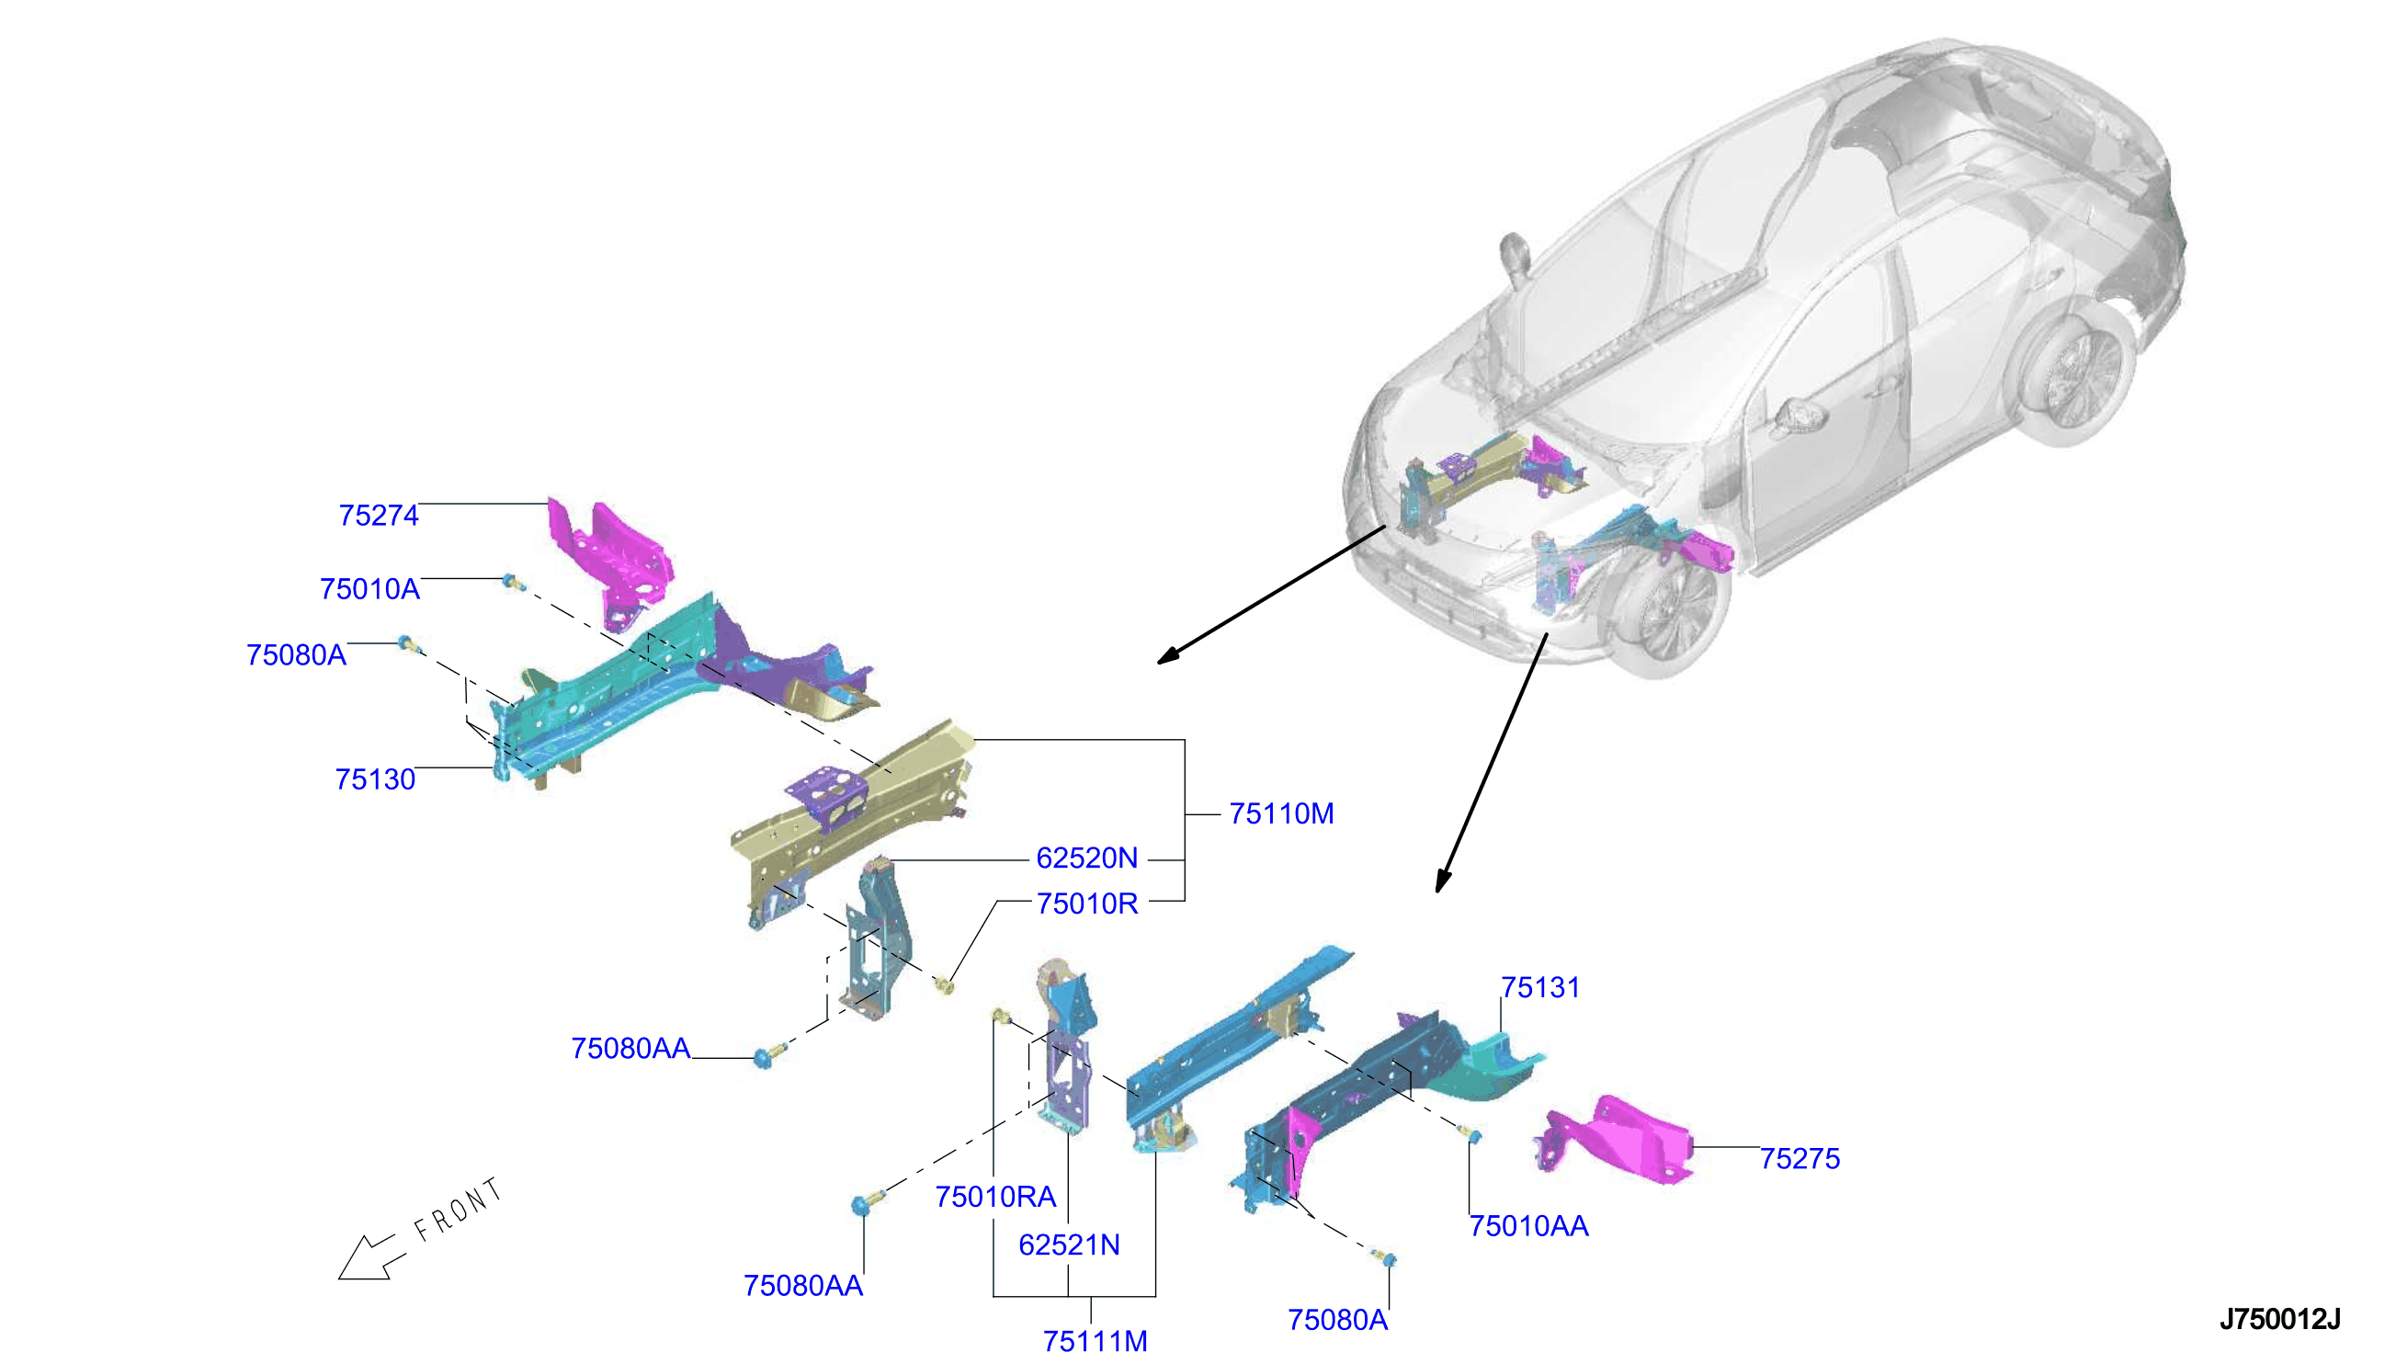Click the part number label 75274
pyautogui.click(x=379, y=516)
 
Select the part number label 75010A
pyautogui.click(x=370, y=589)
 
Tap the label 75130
pyautogui.click(x=375, y=779)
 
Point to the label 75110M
pyautogui.click(x=1281, y=813)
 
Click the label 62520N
pyautogui.click(x=1086, y=858)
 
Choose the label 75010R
pyautogui.click(x=1086, y=904)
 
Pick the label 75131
pyautogui.click(x=1539, y=987)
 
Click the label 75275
pyautogui.click(x=1800, y=1159)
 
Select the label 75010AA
pyautogui.click(x=1528, y=1226)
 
